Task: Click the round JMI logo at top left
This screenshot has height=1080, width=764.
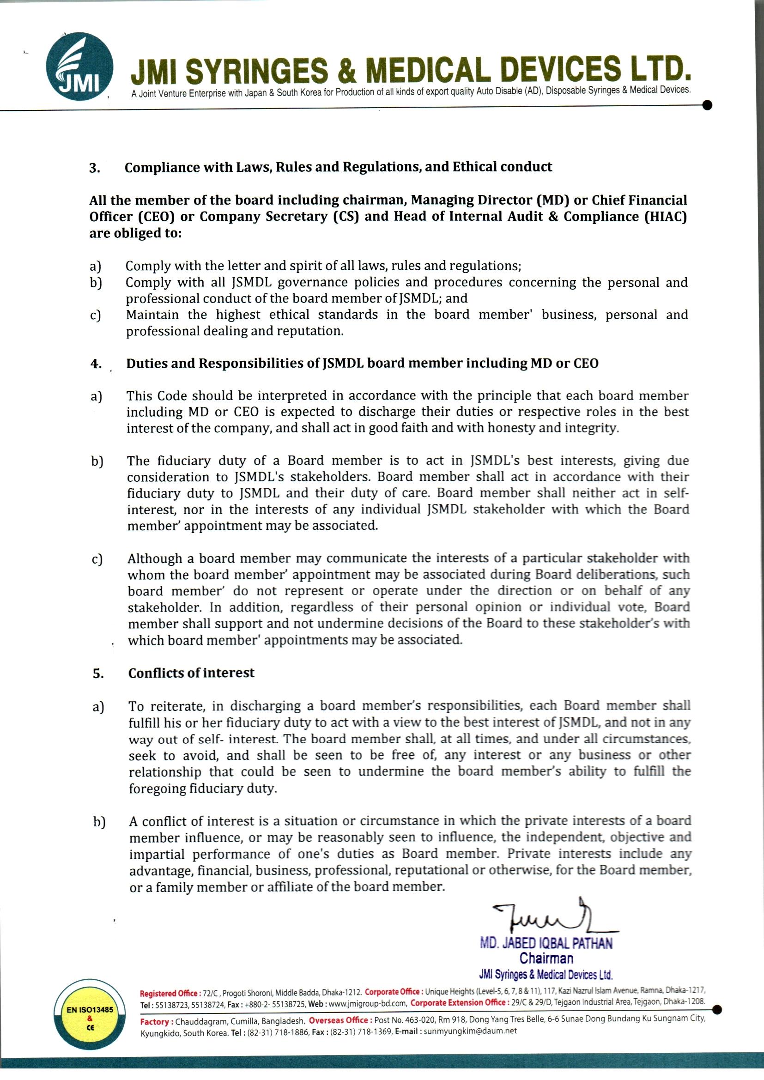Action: click(79, 68)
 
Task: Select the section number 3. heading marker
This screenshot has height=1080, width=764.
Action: click(94, 168)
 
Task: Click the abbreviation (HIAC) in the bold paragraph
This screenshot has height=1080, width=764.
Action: click(666, 217)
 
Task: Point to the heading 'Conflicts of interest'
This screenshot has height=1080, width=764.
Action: click(191, 673)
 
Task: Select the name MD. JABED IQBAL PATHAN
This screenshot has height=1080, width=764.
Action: click(546, 943)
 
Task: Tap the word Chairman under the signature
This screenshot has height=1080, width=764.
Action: click(546, 958)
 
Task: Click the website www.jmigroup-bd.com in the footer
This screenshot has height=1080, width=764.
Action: click(367, 1002)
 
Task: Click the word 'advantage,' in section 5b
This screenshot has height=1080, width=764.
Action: click(160, 871)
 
